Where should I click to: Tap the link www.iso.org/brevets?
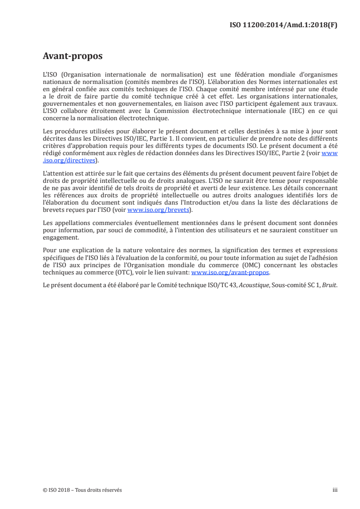(158, 210)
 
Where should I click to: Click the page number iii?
(335, 490)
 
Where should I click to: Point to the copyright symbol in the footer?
(44, 490)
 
